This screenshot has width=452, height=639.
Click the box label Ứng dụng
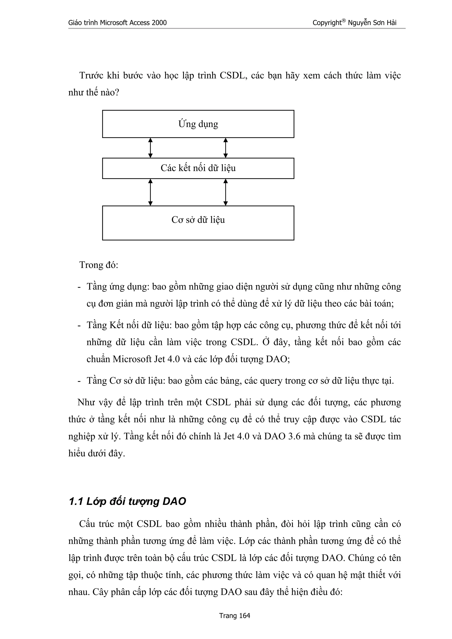tap(198, 124)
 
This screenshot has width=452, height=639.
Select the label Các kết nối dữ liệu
tap(198, 168)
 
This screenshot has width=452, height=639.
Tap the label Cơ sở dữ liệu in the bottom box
tap(198, 220)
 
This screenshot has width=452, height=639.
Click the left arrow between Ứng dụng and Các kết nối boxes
tap(150, 148)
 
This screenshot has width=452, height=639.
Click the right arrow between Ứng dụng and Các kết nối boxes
tap(226, 148)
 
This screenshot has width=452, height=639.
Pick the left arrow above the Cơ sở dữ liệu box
tap(150, 192)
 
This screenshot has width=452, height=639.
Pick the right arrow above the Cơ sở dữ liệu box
tap(226, 192)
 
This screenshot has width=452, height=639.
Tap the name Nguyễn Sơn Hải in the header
tap(372, 23)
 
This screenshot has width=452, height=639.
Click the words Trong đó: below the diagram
tap(99, 265)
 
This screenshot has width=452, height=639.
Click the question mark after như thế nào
tap(117, 92)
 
